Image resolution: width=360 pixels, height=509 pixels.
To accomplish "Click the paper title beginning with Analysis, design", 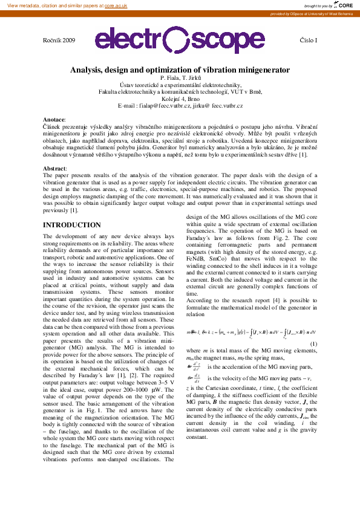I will pyautogui.click(x=180, y=70).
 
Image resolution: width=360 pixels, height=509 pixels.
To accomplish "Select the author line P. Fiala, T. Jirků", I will pyautogui.click(x=180, y=79).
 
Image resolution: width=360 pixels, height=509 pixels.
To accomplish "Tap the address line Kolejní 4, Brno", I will pyautogui.click(x=180, y=99).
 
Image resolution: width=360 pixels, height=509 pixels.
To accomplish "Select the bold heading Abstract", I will pyautogui.click(x=55, y=167).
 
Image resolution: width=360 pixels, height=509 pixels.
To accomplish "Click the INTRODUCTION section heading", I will pyautogui.click(x=71, y=225).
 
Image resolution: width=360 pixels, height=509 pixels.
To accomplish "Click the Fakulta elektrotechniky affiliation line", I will pyautogui.click(x=180, y=92).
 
